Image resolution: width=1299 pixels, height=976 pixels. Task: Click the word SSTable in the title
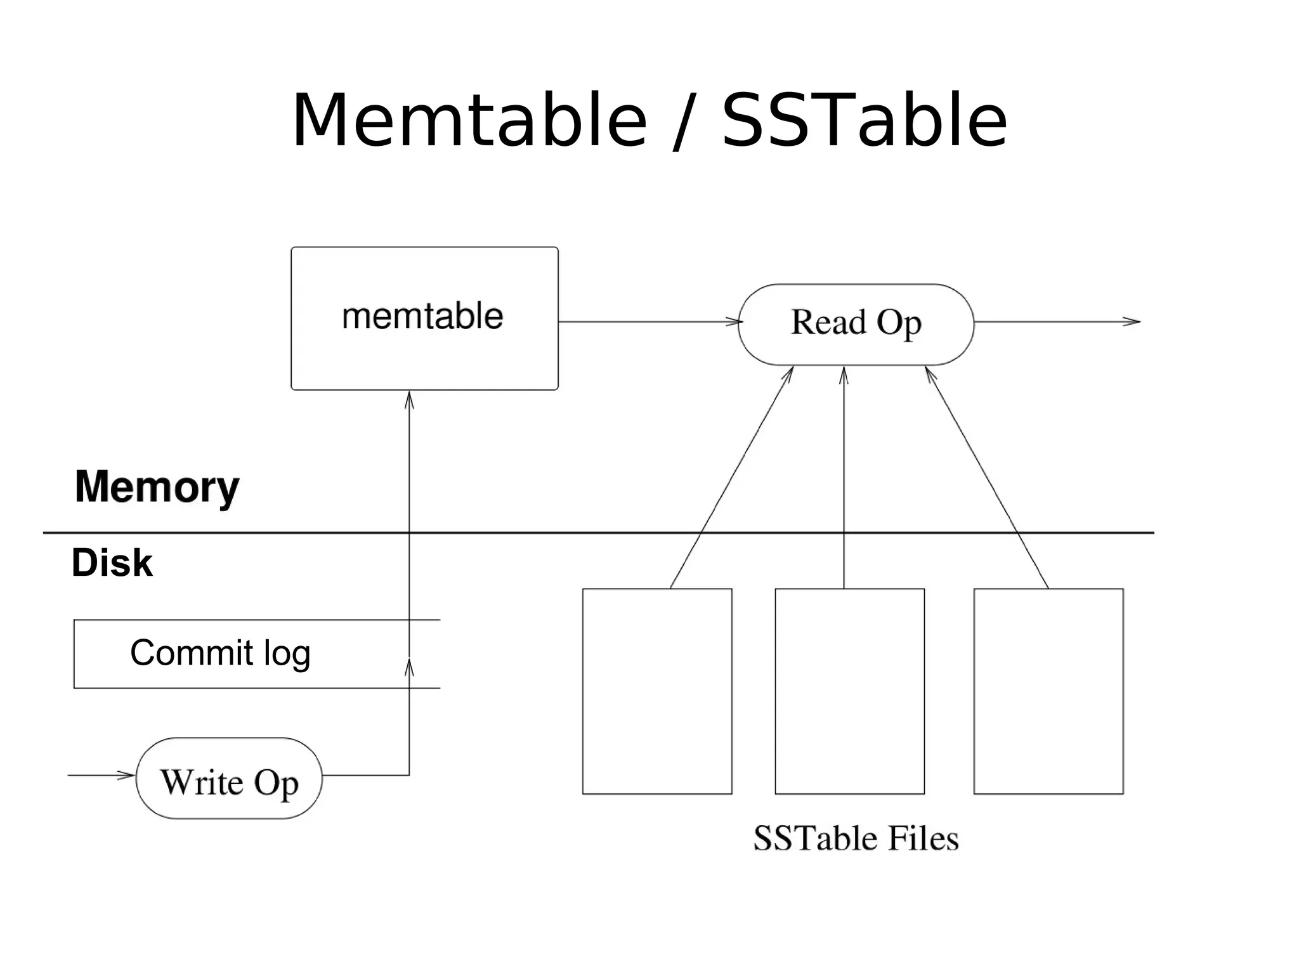click(864, 120)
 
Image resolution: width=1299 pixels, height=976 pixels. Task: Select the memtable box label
click(422, 316)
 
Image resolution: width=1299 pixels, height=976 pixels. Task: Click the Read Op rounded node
click(856, 323)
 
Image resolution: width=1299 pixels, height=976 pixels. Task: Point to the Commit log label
click(220, 653)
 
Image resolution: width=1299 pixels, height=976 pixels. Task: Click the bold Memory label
click(157, 487)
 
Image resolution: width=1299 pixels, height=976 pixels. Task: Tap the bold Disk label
click(112, 563)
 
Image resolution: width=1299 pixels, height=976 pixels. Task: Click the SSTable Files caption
click(856, 838)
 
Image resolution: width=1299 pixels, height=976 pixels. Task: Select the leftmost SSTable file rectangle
click(657, 691)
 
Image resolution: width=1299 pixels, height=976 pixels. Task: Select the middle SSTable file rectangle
click(849, 691)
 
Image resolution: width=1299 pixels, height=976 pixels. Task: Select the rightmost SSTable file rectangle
click(1048, 691)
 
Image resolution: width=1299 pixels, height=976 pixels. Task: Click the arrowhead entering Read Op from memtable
click(736, 322)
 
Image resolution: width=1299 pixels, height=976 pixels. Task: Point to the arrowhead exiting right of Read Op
click(1133, 322)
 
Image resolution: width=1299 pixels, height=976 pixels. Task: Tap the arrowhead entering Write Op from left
click(127, 775)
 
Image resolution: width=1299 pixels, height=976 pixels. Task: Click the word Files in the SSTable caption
click(923, 838)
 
